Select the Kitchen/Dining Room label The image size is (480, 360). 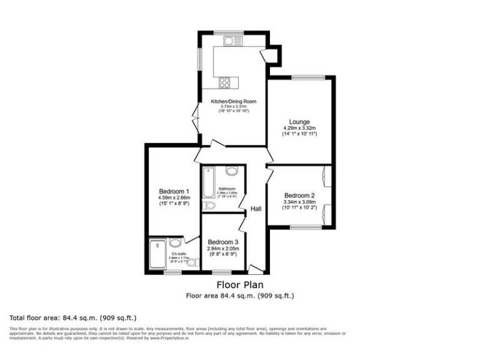pyautogui.click(x=233, y=102)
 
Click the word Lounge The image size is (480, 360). pyautogui.click(x=299, y=121)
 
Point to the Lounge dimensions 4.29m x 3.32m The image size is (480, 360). pyautogui.click(x=299, y=128)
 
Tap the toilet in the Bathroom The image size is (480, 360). pyautogui.click(x=209, y=204)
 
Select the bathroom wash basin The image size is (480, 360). pyautogui.click(x=231, y=171)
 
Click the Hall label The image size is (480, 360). pyautogui.click(x=256, y=209)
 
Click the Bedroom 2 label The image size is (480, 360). pyautogui.click(x=299, y=195)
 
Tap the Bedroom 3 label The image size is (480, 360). pyautogui.click(x=223, y=242)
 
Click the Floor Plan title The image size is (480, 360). pyautogui.click(x=239, y=285)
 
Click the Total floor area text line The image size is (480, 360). pyautogui.click(x=73, y=317)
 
